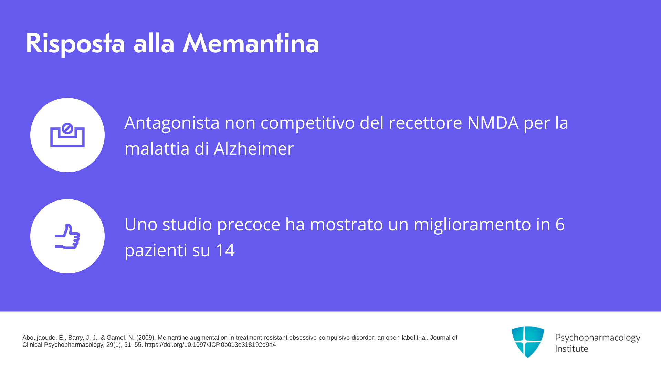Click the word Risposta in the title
click(x=75, y=44)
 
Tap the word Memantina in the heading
click(x=251, y=43)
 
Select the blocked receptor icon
click(x=67, y=135)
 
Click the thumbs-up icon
click(x=67, y=236)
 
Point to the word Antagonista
click(x=172, y=123)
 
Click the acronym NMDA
click(x=493, y=123)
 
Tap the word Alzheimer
click(x=254, y=148)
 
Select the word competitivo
click(x=307, y=123)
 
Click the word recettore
click(x=425, y=123)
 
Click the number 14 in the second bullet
click(x=225, y=250)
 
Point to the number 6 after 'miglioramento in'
click(x=560, y=224)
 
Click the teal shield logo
click(x=528, y=342)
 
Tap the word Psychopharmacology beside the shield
click(x=598, y=338)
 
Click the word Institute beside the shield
click(x=571, y=349)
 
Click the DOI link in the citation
click(x=210, y=345)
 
